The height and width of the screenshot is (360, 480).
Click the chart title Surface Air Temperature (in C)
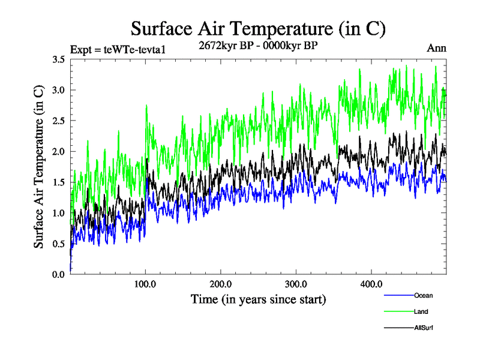[x=258, y=28]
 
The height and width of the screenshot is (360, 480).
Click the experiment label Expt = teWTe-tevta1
[x=118, y=49]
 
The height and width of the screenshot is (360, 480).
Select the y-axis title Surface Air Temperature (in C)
[x=38, y=167]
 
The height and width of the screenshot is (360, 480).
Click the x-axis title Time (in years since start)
[x=258, y=298]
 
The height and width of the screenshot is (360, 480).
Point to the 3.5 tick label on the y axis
[x=58, y=59]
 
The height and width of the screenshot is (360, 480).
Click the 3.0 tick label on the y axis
[x=58, y=90]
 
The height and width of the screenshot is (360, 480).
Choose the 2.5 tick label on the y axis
[x=58, y=121]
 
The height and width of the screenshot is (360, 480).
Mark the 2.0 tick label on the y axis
[x=58, y=151]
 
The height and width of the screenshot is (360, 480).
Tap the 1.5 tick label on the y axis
[x=58, y=182]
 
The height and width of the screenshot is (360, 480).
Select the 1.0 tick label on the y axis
[x=58, y=213]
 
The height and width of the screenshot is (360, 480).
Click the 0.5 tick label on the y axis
[x=58, y=244]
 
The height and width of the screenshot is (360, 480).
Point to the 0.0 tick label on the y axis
[x=58, y=274]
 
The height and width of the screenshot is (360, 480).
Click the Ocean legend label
[x=423, y=295]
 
